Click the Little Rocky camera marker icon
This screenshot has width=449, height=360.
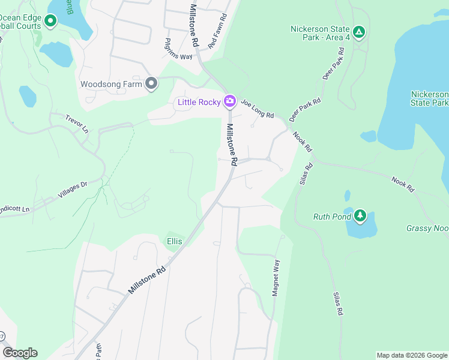(x=229, y=101)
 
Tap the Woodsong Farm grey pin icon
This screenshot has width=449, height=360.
(x=151, y=83)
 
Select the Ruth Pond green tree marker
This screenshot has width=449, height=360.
(x=360, y=215)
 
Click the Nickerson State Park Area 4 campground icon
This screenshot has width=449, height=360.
(x=359, y=32)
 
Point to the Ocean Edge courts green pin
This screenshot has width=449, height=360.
(x=50, y=22)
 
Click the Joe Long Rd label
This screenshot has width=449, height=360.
(x=258, y=108)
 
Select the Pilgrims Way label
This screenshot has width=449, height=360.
(x=178, y=49)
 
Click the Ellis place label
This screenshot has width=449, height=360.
(x=174, y=241)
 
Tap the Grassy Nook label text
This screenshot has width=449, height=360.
(x=427, y=228)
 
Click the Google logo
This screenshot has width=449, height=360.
(x=20, y=353)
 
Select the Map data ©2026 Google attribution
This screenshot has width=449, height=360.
(x=412, y=355)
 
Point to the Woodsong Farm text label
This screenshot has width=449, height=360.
(x=111, y=84)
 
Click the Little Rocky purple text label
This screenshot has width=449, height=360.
(x=199, y=102)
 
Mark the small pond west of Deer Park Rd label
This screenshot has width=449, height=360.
(x=368, y=136)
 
